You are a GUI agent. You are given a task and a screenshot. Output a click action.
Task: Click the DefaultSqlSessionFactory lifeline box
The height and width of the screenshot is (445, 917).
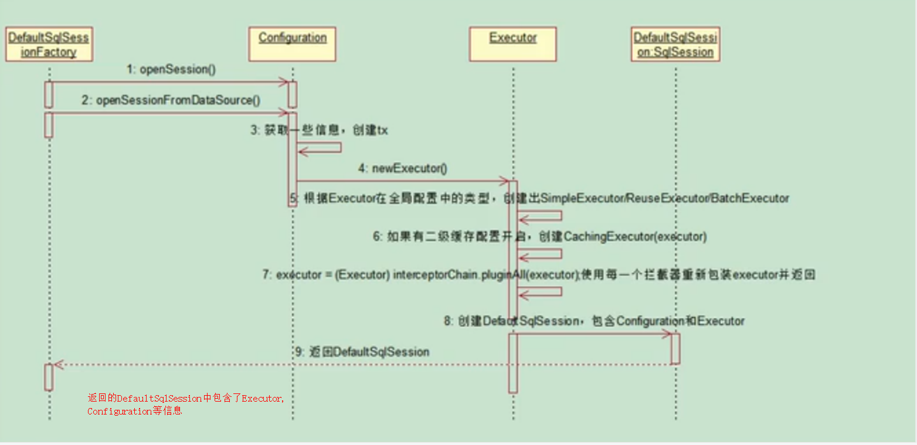click(x=49, y=45)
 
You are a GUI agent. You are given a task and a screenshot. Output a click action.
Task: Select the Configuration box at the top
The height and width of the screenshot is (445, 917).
click(x=292, y=44)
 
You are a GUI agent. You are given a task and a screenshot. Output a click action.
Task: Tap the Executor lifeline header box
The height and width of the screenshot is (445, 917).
click(x=513, y=44)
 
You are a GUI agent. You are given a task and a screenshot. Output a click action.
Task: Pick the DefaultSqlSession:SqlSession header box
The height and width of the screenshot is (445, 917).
click(x=675, y=45)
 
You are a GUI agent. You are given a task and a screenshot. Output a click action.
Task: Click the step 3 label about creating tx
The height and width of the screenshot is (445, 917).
click(x=319, y=130)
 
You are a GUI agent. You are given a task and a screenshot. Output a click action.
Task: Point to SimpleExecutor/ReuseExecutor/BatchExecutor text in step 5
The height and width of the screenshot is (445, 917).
click(x=664, y=198)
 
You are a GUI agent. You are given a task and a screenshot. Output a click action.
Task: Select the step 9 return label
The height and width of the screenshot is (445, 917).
click(x=362, y=352)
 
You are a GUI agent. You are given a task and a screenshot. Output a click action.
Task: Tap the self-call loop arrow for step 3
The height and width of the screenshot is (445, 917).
click(x=320, y=147)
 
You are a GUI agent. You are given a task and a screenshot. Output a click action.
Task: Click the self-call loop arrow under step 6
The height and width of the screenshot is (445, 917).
click(x=541, y=254)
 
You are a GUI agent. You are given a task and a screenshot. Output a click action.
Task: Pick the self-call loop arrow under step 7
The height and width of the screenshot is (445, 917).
click(x=541, y=292)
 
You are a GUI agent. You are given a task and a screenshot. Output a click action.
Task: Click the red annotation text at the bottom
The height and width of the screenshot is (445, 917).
click(x=185, y=405)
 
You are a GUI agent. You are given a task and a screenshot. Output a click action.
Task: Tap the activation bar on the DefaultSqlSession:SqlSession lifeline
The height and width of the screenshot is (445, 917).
click(x=675, y=348)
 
